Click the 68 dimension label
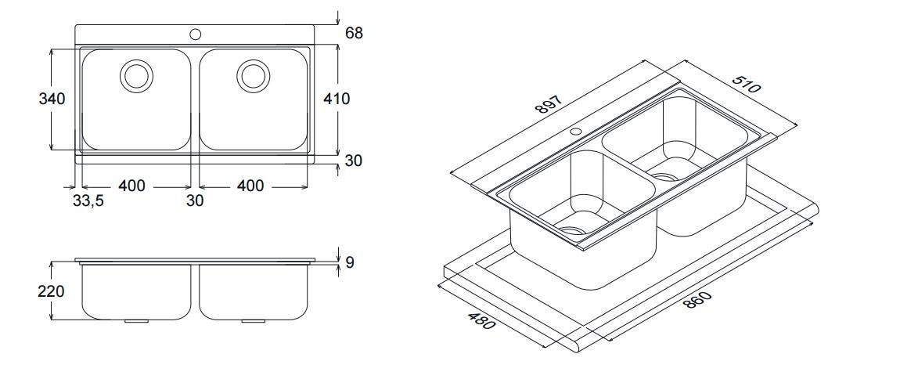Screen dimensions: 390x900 click(x=354, y=33)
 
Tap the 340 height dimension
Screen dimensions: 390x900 click(x=52, y=99)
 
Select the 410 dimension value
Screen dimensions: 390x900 click(x=337, y=99)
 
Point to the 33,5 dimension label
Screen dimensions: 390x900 click(x=88, y=200)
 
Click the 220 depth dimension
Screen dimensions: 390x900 click(x=52, y=291)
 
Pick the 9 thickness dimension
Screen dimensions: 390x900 click(x=349, y=262)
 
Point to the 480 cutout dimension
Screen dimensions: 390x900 click(x=482, y=320)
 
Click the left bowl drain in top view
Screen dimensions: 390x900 click(x=135, y=75)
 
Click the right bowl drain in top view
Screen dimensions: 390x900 click(x=253, y=75)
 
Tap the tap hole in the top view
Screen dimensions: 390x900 click(x=195, y=34)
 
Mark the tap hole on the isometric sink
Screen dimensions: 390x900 click(x=575, y=131)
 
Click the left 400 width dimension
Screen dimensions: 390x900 click(x=131, y=186)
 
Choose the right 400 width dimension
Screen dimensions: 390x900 click(x=250, y=186)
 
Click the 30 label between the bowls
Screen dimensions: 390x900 click(x=195, y=200)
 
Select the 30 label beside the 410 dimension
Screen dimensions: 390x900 click(x=354, y=161)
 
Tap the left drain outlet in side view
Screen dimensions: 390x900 click(x=135, y=320)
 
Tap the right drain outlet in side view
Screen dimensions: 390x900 click(x=253, y=320)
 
